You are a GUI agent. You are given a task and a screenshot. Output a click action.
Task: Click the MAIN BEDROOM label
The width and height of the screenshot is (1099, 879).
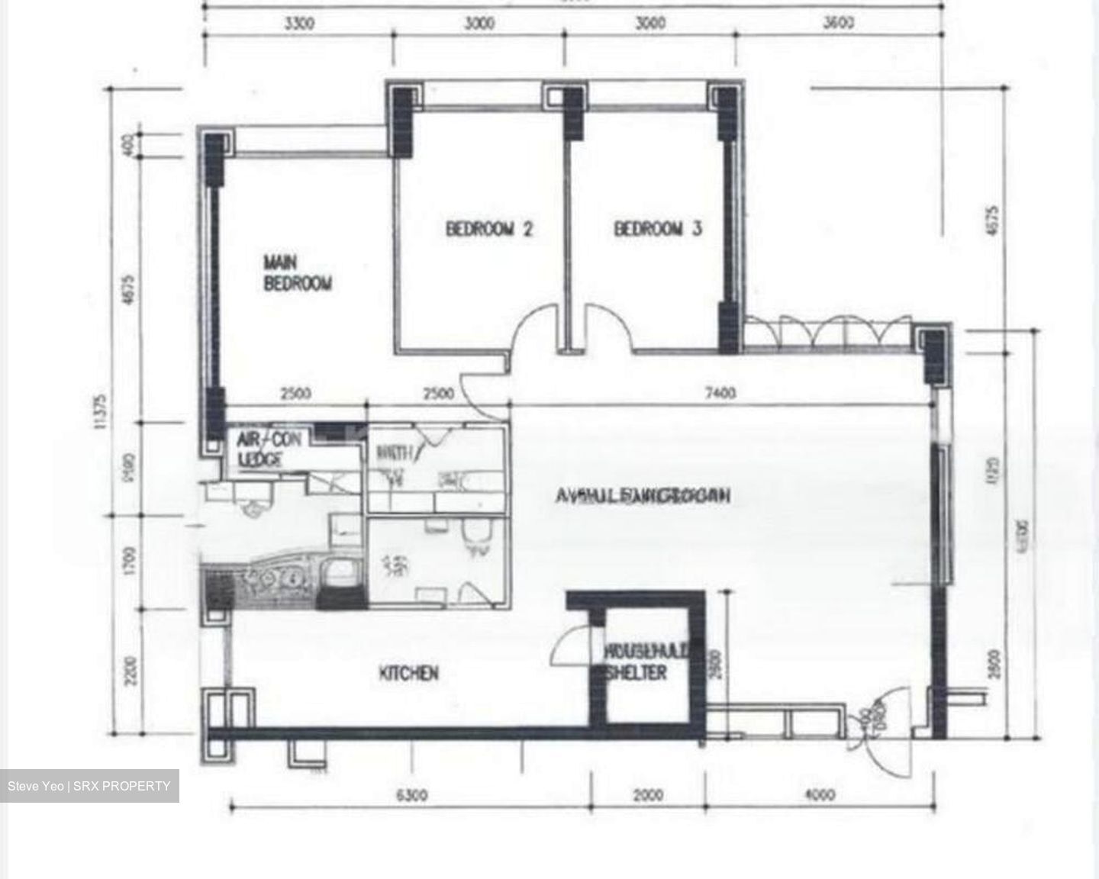click(298, 273)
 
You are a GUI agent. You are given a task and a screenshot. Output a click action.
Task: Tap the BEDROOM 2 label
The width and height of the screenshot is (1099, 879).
click(488, 228)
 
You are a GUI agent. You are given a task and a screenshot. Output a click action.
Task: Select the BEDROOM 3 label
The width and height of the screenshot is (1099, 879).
click(658, 228)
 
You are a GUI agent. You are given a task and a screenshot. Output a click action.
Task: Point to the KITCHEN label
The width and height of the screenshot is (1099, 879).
click(409, 673)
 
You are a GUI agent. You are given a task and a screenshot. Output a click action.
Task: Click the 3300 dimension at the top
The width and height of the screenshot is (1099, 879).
click(299, 24)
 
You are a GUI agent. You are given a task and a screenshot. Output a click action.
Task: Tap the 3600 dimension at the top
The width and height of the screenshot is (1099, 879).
click(838, 24)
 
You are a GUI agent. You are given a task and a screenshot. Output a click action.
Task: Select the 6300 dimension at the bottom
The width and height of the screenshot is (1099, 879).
click(412, 795)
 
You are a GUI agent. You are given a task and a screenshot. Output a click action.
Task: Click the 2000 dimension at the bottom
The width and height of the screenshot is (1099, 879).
click(648, 795)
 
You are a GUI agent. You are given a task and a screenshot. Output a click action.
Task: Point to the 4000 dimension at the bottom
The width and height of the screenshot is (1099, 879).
click(820, 795)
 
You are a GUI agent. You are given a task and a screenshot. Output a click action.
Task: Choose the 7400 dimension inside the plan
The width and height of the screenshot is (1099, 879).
click(720, 393)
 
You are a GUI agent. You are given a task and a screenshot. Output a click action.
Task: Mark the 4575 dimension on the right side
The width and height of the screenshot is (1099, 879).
click(991, 218)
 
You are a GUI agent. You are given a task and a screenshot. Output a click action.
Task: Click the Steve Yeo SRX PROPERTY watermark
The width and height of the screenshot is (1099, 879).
click(89, 786)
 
